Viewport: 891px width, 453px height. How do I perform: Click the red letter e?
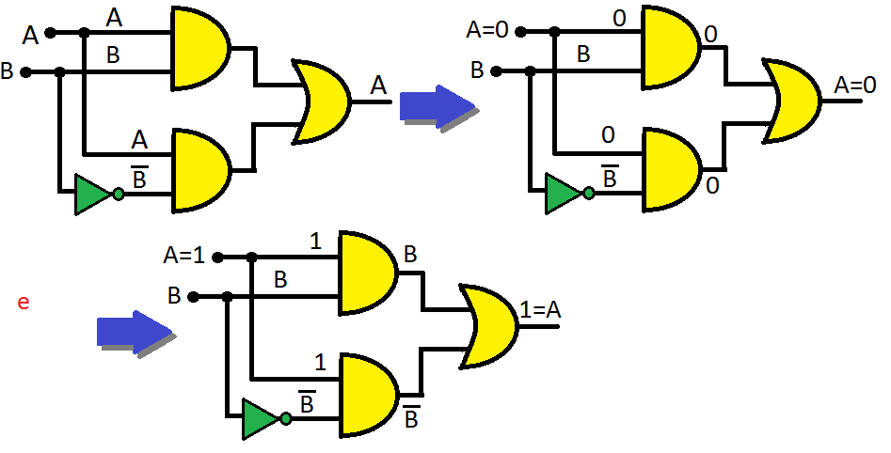24,302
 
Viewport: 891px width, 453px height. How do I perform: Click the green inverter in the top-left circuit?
94,195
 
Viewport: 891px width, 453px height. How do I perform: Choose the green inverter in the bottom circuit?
261,419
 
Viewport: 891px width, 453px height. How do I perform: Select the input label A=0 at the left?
487,30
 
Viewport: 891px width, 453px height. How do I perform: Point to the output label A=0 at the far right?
855,85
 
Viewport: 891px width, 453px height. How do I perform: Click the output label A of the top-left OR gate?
378,86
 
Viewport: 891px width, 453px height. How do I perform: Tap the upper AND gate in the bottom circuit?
368,272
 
